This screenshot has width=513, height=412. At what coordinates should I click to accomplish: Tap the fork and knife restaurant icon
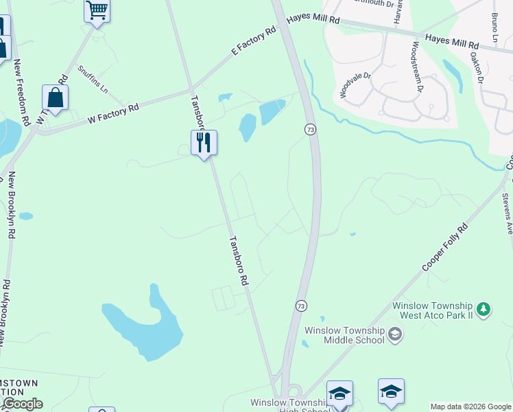click(204, 143)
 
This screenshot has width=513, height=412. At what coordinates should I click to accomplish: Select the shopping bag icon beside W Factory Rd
click(55, 98)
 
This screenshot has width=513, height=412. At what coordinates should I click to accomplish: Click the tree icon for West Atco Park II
click(484, 310)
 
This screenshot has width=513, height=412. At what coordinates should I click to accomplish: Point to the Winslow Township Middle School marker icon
click(394, 334)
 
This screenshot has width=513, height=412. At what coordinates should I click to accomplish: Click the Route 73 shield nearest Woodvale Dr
click(311, 130)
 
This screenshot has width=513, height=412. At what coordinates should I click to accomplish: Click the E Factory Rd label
click(253, 41)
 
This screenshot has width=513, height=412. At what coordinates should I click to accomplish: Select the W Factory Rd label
click(113, 114)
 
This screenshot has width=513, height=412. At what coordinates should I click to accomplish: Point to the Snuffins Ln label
click(93, 80)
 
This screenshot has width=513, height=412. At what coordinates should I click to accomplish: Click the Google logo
click(23, 404)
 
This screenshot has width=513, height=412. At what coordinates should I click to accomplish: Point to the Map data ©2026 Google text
click(470, 407)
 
